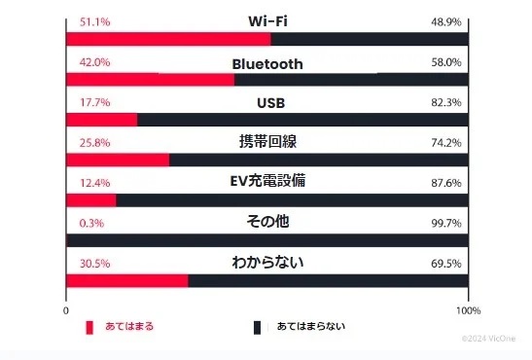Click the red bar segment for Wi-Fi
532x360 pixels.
(x=167, y=39)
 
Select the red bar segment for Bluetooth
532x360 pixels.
(x=149, y=79)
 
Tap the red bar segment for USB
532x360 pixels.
(x=101, y=120)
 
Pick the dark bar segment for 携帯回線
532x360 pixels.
(x=318, y=160)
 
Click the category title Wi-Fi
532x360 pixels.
(x=267, y=21)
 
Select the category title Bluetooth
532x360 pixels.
(x=267, y=63)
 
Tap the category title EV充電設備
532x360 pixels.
(x=267, y=181)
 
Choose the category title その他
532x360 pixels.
(x=267, y=222)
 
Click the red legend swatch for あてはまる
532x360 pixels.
(x=89, y=327)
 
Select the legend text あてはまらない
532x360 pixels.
(x=310, y=327)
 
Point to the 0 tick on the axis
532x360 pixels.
(x=66, y=310)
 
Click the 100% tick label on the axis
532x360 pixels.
(x=468, y=310)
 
